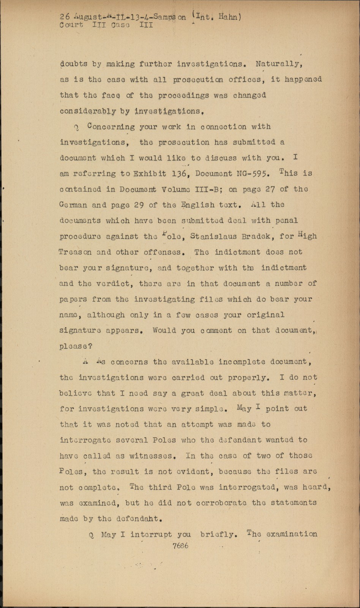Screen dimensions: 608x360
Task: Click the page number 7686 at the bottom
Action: [x=180, y=546]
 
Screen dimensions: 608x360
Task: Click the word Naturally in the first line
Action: [x=278, y=64]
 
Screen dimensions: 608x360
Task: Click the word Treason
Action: [x=75, y=252]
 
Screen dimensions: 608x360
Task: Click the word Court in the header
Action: [x=71, y=25]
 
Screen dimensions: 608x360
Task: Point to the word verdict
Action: [x=115, y=283]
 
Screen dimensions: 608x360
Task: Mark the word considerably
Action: [x=88, y=111]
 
